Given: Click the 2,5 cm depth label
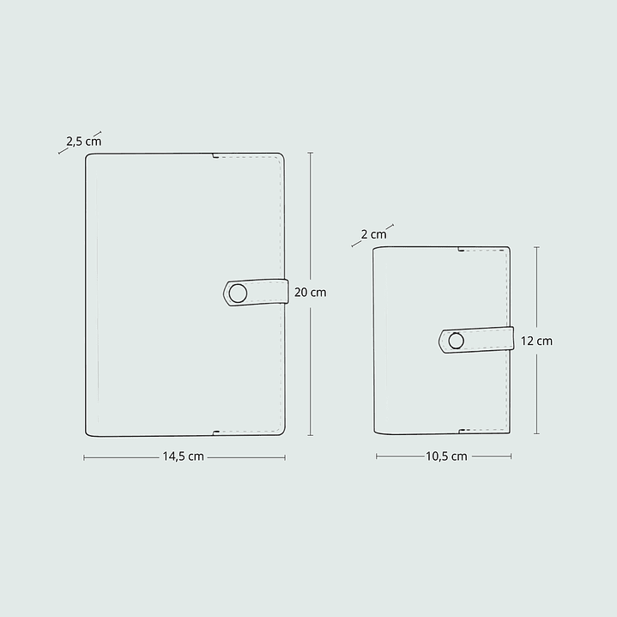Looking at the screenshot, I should click(83, 141).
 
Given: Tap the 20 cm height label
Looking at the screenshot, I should click(310, 292).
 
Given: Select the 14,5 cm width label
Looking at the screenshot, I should click(183, 457).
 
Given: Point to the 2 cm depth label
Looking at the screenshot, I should click(373, 233).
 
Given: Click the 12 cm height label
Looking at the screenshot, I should click(536, 341).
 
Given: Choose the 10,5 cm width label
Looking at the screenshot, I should click(446, 457).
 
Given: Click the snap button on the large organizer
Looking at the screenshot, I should click(238, 293).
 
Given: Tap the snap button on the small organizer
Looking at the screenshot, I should click(456, 341).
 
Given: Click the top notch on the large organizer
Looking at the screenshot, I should click(214, 157).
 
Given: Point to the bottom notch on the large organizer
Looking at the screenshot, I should click(215, 432).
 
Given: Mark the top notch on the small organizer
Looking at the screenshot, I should click(462, 251).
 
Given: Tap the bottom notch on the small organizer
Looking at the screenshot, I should click(462, 431).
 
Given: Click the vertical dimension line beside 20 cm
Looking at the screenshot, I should click(310, 215).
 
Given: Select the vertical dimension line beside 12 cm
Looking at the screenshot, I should click(536, 283).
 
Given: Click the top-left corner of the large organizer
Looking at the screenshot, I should click(88, 155).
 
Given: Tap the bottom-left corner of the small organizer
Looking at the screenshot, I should click(375, 433).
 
